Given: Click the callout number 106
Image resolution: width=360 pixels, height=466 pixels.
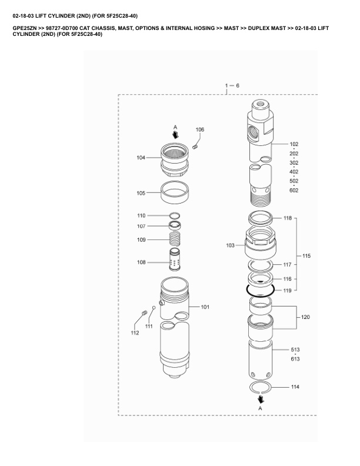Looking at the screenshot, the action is click(x=200, y=129).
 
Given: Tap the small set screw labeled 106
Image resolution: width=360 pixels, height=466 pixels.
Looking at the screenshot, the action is click(x=195, y=147).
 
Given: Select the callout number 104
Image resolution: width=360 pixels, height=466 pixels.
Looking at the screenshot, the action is click(x=141, y=158).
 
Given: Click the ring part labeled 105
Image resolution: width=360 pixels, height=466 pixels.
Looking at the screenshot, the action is click(x=175, y=192).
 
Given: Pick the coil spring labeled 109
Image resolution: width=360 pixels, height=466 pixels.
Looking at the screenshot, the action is click(x=175, y=239).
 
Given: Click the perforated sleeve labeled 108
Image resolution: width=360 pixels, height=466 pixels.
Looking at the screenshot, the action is click(x=175, y=259).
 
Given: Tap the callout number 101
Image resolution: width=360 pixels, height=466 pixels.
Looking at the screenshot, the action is click(x=205, y=307).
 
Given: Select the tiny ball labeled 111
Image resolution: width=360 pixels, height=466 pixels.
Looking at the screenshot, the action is click(x=154, y=308).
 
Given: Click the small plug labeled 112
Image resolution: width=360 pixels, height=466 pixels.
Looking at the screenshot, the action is click(x=144, y=312).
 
